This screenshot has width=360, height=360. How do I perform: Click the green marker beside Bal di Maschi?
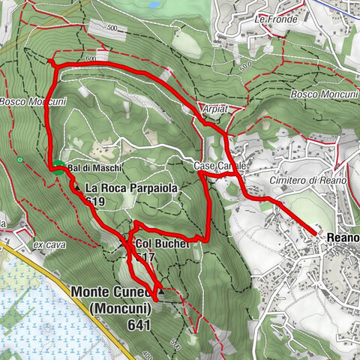[x=57, y=167]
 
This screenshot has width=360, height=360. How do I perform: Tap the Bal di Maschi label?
[x=84, y=167]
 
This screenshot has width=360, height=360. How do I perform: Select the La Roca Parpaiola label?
[x=132, y=189]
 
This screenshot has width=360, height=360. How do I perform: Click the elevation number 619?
[x=95, y=202]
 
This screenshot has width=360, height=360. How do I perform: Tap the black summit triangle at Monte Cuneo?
[x=160, y=292]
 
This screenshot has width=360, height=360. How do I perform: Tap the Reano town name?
[x=342, y=238]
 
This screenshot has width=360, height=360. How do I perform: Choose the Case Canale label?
[x=218, y=165]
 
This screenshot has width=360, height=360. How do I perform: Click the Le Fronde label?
[x=271, y=18]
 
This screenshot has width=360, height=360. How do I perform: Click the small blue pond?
[x=154, y=4]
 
